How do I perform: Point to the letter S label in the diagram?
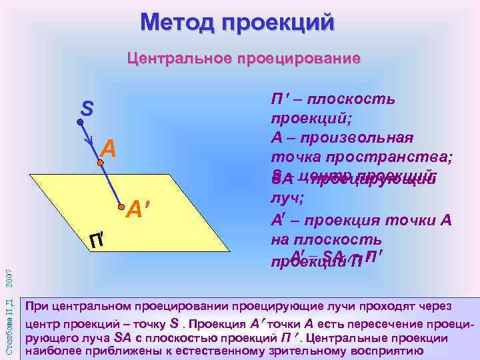(87, 107)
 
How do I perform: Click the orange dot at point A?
(101, 162)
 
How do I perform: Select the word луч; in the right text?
(285, 199)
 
